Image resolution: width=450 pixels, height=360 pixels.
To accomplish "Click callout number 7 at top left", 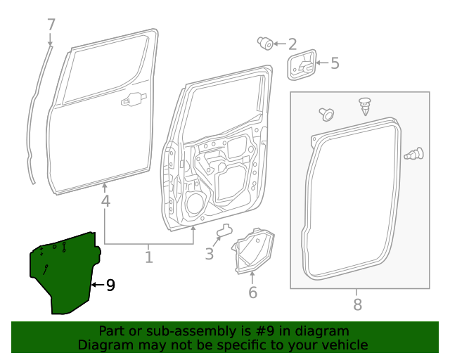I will tap(51, 25).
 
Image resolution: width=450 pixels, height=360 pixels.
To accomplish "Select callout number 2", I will tap(291, 44).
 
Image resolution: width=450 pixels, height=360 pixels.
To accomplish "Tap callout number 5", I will tap(334, 63).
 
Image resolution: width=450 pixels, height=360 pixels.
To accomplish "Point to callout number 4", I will tap(105, 202).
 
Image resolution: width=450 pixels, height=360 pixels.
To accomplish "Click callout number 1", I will tap(148, 257).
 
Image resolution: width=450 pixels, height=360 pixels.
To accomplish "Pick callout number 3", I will tap(209, 254).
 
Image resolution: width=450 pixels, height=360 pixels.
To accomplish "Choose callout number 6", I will tap(252, 292).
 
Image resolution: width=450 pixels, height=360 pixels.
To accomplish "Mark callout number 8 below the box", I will tap(357, 304).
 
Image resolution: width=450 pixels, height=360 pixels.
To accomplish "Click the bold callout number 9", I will tap(110, 285).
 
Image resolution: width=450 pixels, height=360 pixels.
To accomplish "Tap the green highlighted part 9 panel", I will tap(63, 274).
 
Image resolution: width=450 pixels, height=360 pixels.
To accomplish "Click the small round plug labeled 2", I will tap(266, 44).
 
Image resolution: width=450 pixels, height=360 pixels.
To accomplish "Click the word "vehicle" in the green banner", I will tap(344, 345).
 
